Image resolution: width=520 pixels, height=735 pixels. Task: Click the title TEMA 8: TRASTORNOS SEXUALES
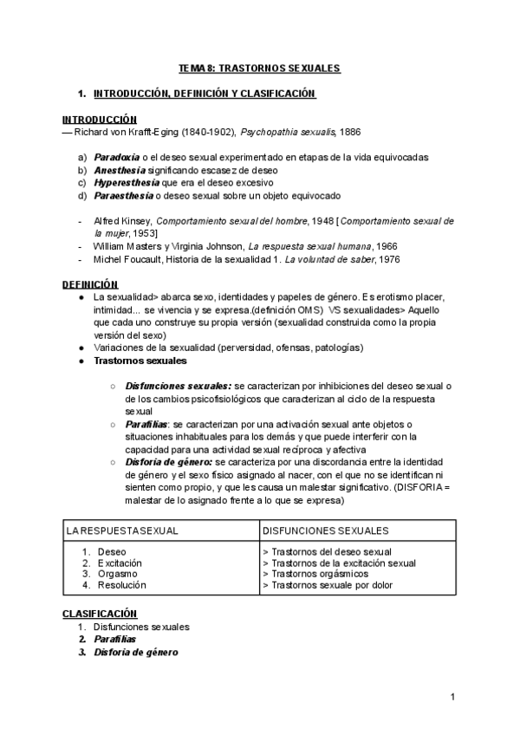259,68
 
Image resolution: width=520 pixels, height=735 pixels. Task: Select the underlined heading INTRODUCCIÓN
99,119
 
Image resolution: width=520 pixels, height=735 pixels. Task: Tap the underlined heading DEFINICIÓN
89,284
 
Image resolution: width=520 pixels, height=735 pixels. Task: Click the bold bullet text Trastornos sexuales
140,360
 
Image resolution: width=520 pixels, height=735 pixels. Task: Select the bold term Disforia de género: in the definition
169,463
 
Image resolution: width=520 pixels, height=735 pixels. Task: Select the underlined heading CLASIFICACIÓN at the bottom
100,614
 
